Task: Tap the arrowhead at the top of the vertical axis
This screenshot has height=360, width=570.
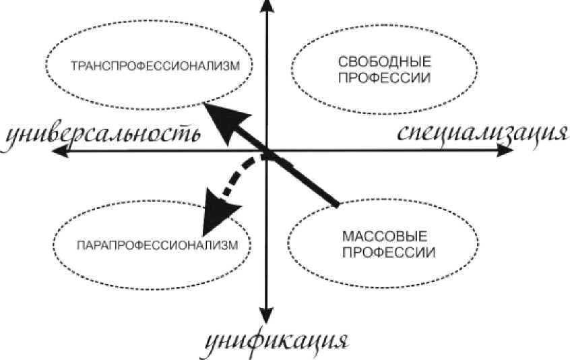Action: pos(267,6)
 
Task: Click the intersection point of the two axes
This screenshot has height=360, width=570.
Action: pos(267,153)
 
